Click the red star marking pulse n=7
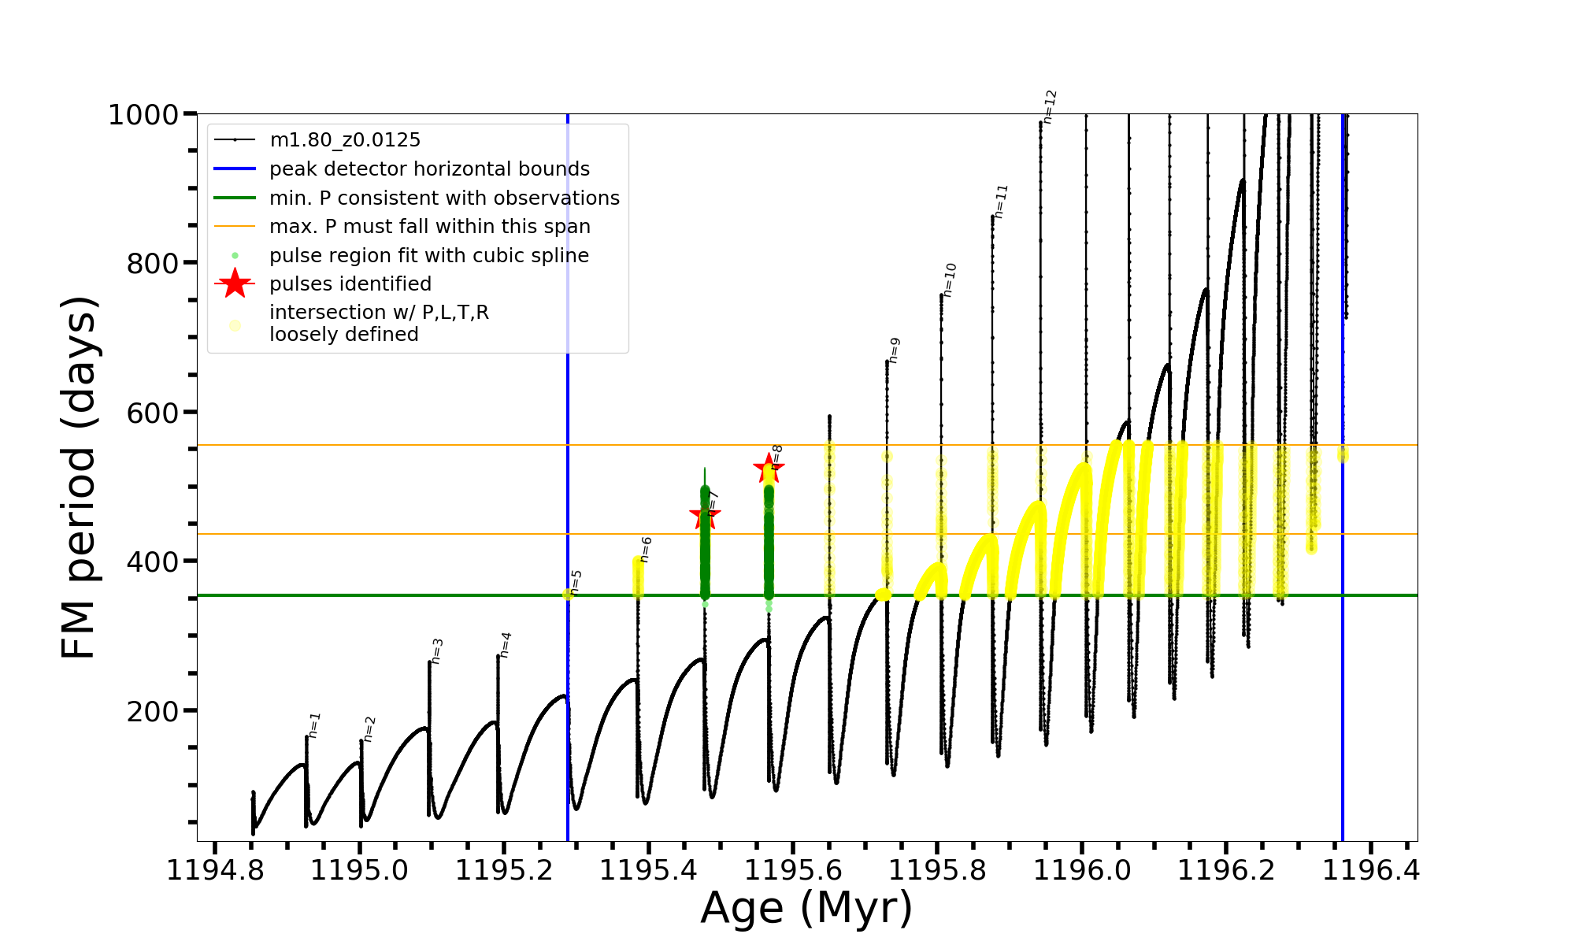705,517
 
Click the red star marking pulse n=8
769,469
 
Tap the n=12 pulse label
1049,107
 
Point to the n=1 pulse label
313,725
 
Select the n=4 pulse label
505,645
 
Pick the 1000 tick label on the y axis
143,115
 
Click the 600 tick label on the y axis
153,413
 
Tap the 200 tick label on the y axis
153,711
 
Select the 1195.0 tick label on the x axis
359,870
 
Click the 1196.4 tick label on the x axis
1371,870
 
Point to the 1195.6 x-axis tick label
793,870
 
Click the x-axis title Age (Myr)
806,908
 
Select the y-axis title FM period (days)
80,477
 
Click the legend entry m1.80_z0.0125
345,140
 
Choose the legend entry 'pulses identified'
350,283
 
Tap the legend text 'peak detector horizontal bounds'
429,169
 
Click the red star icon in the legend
235,283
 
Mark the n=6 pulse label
645,550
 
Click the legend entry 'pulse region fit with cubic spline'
429,255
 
